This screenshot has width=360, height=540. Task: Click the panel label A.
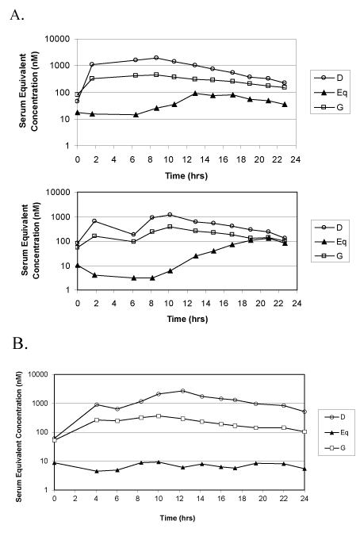[x=17, y=15]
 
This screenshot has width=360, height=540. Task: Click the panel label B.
[x=20, y=343]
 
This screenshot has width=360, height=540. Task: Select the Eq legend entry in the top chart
[x=331, y=92]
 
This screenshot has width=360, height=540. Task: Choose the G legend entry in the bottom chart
[x=335, y=448]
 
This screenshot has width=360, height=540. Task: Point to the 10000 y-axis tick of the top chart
[x=57, y=40]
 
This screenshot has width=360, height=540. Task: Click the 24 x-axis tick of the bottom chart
[x=304, y=499]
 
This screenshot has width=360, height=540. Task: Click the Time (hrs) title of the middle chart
[x=187, y=319]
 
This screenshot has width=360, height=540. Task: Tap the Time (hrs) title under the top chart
[x=186, y=175]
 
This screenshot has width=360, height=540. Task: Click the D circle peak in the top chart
[x=156, y=58]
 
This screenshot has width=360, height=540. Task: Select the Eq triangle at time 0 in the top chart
[x=78, y=113]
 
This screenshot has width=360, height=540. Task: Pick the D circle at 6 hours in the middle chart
[x=133, y=235]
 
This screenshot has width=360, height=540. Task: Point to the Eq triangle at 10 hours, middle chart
[x=170, y=270]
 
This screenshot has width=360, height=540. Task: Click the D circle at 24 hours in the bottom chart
[x=304, y=412]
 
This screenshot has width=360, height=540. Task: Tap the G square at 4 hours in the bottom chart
[x=97, y=420]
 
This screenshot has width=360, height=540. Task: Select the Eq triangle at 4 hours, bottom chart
[x=97, y=471]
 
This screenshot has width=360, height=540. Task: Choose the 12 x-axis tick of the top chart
[x=186, y=159]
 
